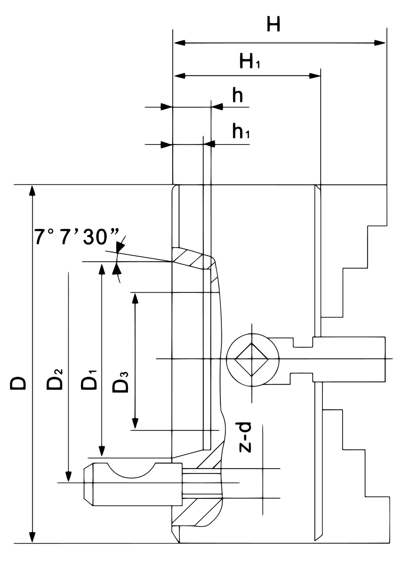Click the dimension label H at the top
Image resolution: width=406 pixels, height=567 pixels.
[273, 24]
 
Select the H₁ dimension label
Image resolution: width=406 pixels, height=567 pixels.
[249, 61]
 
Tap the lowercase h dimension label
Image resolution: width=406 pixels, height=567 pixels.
[238, 95]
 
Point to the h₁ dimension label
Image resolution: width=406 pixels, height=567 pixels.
[240, 131]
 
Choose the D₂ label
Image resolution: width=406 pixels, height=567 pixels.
[56, 378]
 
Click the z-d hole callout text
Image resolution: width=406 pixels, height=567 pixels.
[245, 437]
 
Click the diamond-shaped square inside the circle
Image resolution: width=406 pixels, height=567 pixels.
[251, 359]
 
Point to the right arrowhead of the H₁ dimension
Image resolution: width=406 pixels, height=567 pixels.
[315, 76]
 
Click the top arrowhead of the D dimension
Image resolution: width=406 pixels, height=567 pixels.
[31, 191]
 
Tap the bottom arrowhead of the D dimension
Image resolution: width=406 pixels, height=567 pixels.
[31, 537]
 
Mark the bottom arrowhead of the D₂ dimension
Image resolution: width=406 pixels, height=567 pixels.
[68, 476]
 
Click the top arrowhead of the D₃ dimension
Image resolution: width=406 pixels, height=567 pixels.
[135, 298]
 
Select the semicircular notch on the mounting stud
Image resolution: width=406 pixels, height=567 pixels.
[131, 470]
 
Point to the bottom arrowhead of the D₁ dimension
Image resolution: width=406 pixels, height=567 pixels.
[102, 451]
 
